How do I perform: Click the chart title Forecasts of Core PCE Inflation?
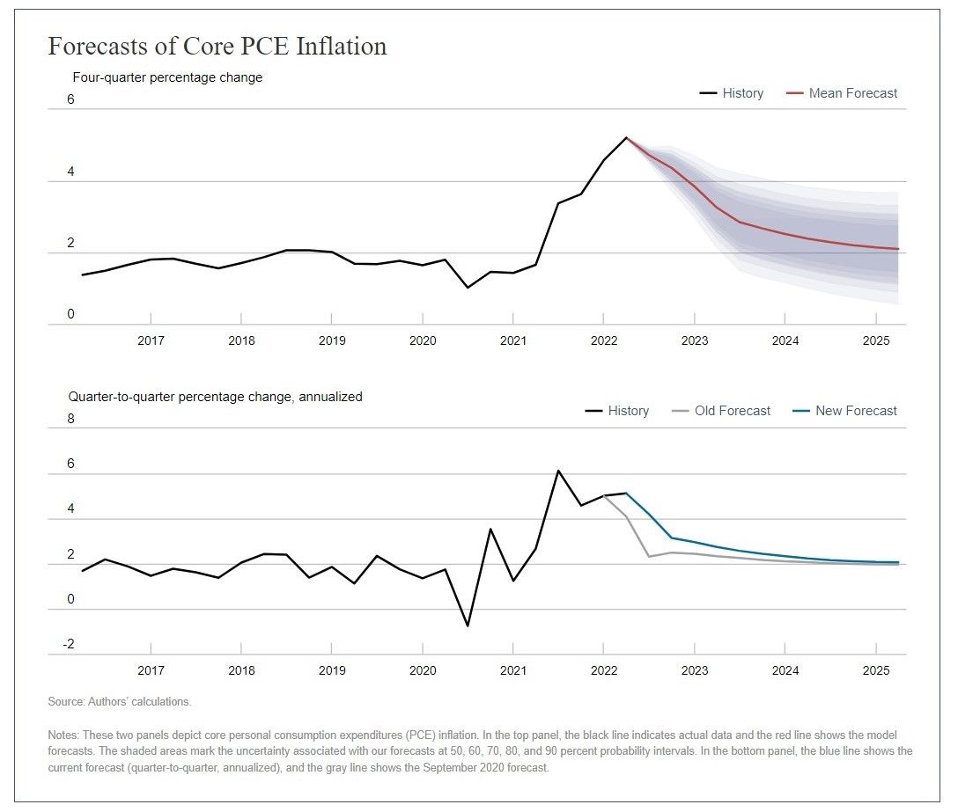click(217, 47)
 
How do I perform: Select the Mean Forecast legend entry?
click(842, 93)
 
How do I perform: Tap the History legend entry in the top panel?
click(732, 93)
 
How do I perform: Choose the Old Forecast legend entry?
click(721, 411)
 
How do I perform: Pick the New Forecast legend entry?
click(844, 411)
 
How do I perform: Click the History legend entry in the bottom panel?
click(617, 411)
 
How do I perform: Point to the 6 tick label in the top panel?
click(70, 99)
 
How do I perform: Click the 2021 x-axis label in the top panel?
click(513, 340)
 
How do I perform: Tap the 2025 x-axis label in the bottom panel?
click(876, 670)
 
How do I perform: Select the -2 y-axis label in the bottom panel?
click(69, 644)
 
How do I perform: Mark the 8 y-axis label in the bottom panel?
click(70, 419)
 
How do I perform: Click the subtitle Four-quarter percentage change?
click(167, 77)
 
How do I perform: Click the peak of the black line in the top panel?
click(626, 138)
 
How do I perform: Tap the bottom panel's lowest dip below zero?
click(468, 625)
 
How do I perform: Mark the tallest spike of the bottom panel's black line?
click(558, 471)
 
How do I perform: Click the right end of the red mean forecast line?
click(898, 249)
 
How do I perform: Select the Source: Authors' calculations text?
click(120, 702)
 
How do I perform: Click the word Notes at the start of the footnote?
click(63, 735)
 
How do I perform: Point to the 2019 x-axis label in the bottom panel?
click(332, 670)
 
